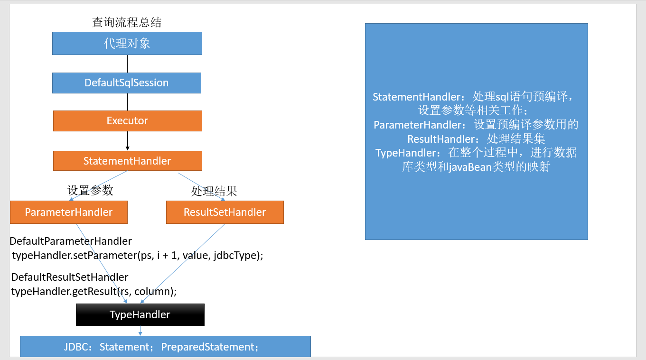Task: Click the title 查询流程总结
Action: coord(127,22)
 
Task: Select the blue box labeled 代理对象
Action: coord(127,44)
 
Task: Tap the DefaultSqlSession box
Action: coord(126,83)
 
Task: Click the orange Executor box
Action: coord(127,121)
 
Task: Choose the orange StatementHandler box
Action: coord(127,161)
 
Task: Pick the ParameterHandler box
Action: coord(69,212)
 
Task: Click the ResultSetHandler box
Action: coord(225,212)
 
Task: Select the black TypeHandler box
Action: coord(140,315)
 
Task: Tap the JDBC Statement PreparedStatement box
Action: coord(165,347)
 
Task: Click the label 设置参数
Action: coord(90,191)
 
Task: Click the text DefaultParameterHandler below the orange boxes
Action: coord(71,241)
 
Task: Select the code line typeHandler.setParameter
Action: coord(137,255)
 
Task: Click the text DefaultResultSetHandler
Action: coord(70,277)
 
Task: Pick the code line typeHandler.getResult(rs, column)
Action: coord(94,291)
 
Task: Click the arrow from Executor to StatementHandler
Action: coord(127,140)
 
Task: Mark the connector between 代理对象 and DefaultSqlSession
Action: coord(127,64)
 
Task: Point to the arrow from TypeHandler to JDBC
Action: coord(140,331)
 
